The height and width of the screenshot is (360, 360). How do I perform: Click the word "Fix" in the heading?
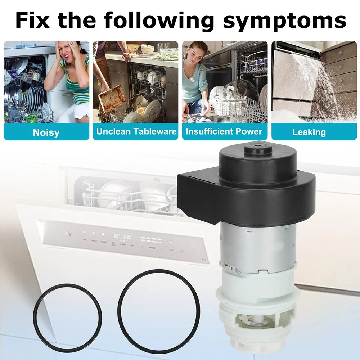point(32,20)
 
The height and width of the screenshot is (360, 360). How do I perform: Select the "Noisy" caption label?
point(46,132)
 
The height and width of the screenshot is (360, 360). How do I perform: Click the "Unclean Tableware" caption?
point(136,131)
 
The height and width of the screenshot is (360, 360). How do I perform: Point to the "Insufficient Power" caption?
point(224,131)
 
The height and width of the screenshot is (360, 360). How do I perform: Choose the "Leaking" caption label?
point(309,132)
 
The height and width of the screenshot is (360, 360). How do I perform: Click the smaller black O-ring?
point(68,318)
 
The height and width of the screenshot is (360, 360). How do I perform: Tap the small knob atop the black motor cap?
point(258,149)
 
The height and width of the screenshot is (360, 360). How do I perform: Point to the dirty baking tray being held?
point(112,99)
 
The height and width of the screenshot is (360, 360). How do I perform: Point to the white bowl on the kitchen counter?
point(147,49)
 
